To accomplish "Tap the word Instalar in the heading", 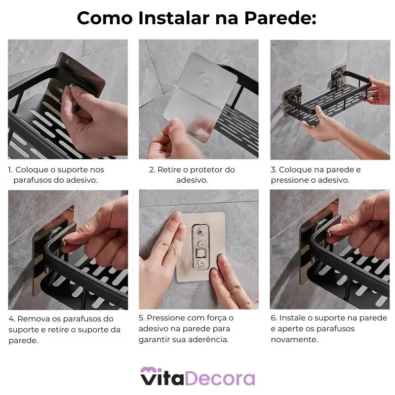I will pyautogui.click(x=167, y=18).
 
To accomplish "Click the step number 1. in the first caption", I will pyautogui.click(x=10, y=170).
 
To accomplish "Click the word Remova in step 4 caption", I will pyautogui.click(x=33, y=319).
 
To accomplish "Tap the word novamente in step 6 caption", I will pyautogui.click(x=294, y=340).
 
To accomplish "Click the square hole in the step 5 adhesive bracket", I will pyautogui.click(x=200, y=255).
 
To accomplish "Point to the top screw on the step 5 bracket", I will pyautogui.click(x=200, y=230).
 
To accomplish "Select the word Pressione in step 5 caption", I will pyautogui.click(x=166, y=318).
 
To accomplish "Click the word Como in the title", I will pyautogui.click(x=104, y=18).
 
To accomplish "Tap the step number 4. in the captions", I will pyautogui.click(x=11, y=319).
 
